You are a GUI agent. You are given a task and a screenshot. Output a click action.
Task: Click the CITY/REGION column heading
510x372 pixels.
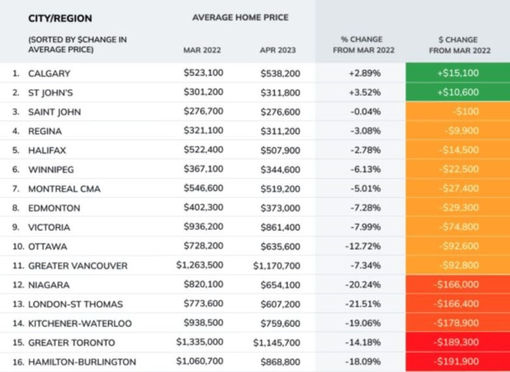(x=60, y=18)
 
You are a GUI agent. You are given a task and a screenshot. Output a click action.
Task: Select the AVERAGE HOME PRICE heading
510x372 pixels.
(x=240, y=17)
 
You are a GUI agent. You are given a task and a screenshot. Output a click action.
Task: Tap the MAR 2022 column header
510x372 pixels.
(x=202, y=50)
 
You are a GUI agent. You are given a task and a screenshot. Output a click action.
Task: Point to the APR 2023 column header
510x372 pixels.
(x=277, y=50)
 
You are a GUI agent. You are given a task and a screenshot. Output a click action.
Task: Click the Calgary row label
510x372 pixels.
(x=49, y=73)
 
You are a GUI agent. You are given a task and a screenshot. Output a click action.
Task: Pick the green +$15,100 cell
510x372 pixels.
(x=457, y=73)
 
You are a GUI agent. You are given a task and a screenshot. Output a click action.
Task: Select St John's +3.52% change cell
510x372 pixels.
(x=364, y=93)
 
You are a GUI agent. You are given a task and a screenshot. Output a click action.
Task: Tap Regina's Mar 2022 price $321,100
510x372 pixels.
(x=203, y=131)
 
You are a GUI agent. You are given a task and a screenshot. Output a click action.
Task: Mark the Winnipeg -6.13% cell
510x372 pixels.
(x=364, y=169)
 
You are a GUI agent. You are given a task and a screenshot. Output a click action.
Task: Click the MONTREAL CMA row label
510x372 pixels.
(x=64, y=189)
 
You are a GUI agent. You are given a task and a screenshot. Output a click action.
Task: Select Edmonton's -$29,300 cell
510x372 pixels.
(x=458, y=208)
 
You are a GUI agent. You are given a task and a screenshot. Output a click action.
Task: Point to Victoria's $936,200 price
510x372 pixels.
(x=203, y=227)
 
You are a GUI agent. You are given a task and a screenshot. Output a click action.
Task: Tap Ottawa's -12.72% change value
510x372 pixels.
(x=363, y=246)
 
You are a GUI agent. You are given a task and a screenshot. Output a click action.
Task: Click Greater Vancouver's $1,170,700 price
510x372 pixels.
(x=276, y=266)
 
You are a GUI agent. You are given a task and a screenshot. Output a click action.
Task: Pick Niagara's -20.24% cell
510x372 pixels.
(x=363, y=285)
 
